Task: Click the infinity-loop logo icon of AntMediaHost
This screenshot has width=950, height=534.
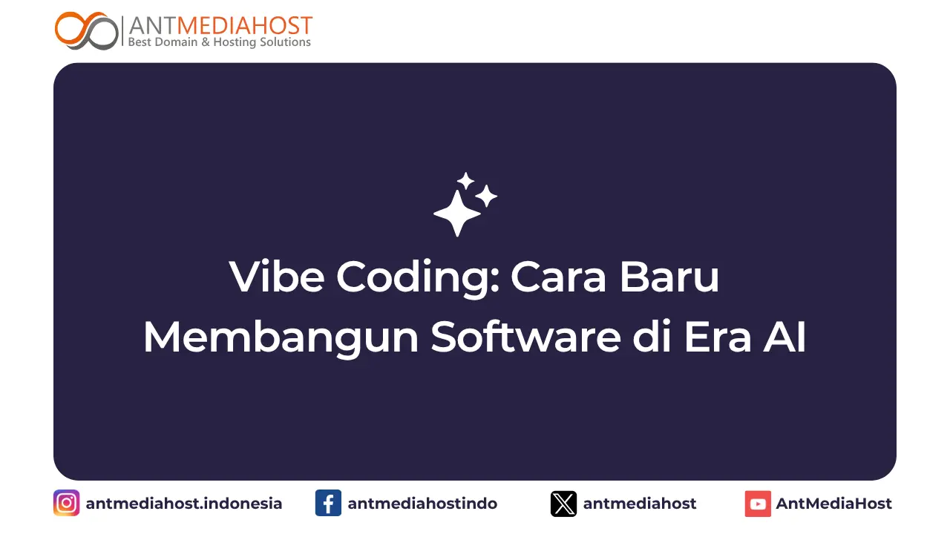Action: [87, 30]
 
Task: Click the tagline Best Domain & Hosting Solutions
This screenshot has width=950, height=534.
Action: [220, 42]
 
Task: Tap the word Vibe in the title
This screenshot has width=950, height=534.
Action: [277, 277]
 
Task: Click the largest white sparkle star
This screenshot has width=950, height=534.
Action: [457, 212]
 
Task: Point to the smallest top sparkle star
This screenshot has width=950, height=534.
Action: [465, 181]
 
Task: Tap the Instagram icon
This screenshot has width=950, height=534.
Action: [67, 504]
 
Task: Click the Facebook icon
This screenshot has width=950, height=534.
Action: [328, 504]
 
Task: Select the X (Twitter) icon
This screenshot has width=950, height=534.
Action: [563, 504]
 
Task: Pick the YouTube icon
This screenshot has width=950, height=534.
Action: [758, 504]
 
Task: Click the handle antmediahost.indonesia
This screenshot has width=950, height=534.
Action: [184, 504]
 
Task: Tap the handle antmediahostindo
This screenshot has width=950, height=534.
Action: [422, 504]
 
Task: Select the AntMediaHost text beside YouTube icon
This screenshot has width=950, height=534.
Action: [833, 504]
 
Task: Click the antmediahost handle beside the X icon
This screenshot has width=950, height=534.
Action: [640, 504]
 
